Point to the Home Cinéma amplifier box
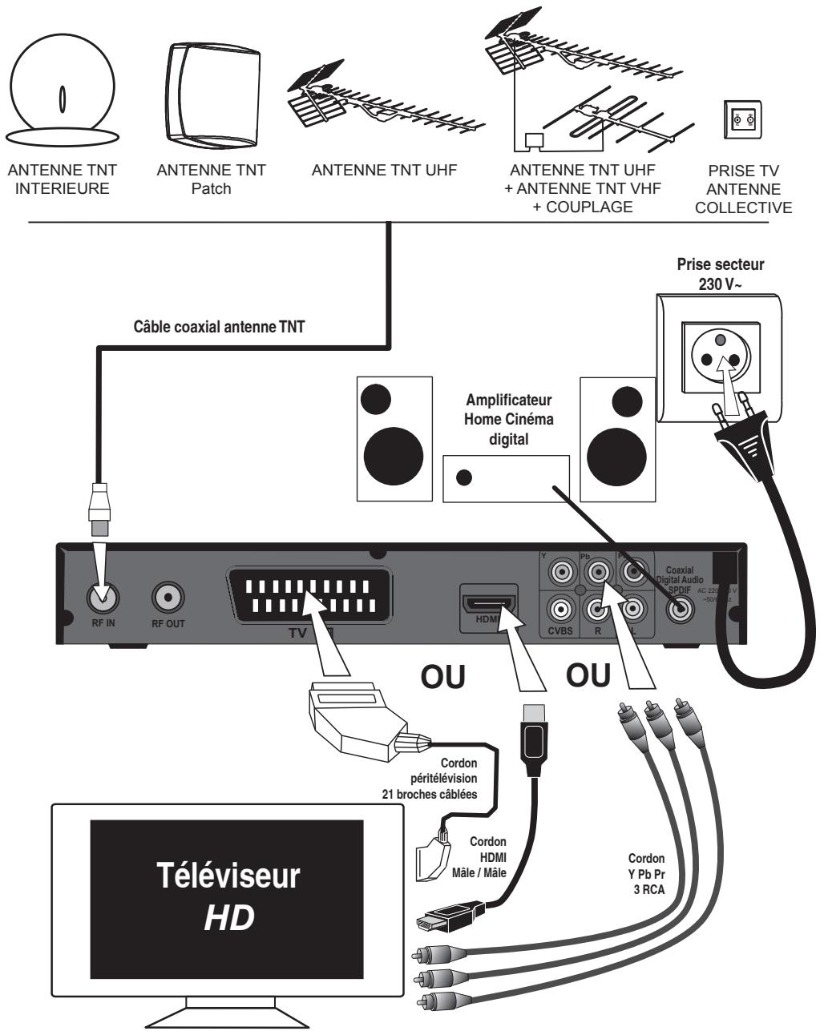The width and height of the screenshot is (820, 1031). (x=506, y=477)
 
